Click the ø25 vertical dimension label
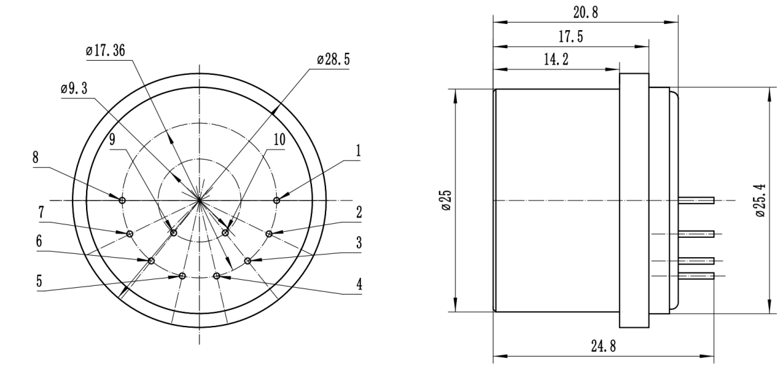(445, 199)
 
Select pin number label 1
(358, 152)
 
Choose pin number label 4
(359, 283)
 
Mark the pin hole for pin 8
(121, 200)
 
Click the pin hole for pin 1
(277, 200)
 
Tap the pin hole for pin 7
(129, 233)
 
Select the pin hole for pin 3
(247, 260)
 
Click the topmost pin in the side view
(696, 200)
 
